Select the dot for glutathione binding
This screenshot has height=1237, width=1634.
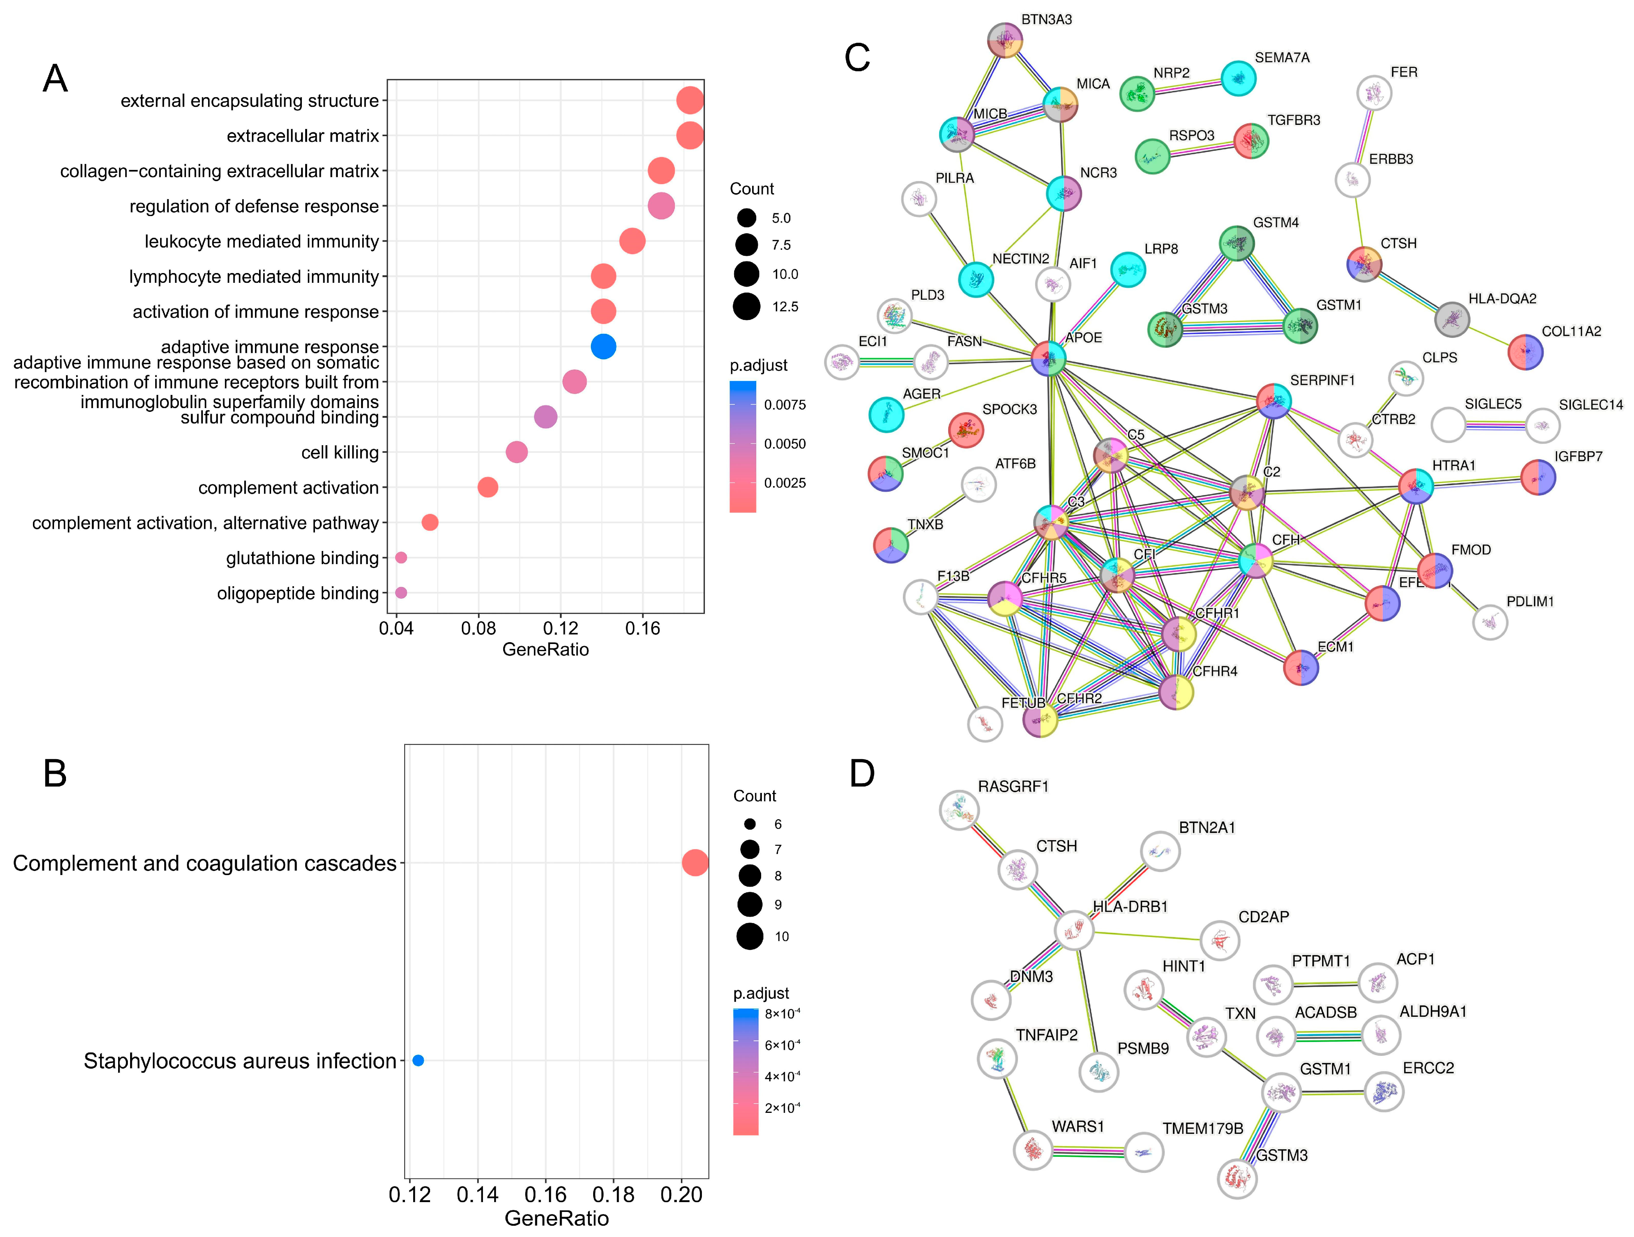pyautogui.click(x=401, y=558)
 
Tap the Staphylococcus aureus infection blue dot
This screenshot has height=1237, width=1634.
pyautogui.click(x=418, y=1060)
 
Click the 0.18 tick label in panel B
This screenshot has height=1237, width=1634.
pyautogui.click(x=613, y=1195)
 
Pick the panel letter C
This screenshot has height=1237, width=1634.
pyautogui.click(x=857, y=58)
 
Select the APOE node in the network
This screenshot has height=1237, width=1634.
pyautogui.click(x=1048, y=359)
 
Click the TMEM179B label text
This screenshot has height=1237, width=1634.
pyautogui.click(x=1202, y=1128)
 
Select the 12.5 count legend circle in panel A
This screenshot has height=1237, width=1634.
pyautogui.click(x=747, y=306)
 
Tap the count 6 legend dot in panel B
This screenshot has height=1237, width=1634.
pyautogui.click(x=750, y=824)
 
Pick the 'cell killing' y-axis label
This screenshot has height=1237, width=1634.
pyautogui.click(x=340, y=452)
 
